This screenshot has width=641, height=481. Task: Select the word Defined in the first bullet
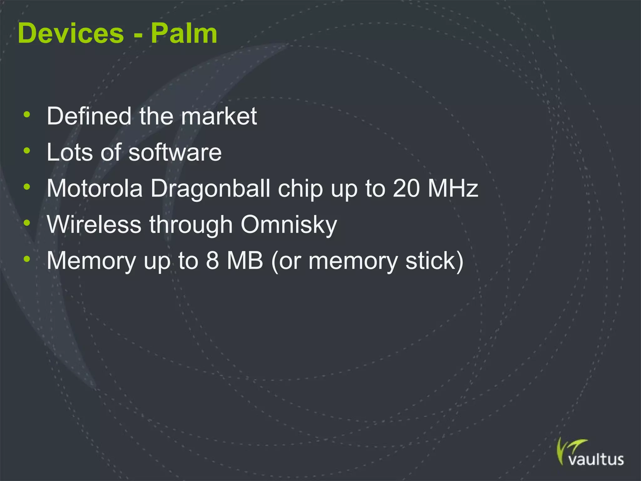tap(89, 116)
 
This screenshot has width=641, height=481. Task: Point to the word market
tap(219, 116)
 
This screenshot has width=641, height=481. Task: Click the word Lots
tap(69, 152)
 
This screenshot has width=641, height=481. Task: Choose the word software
tap(175, 152)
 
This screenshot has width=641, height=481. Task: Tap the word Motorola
tap(95, 189)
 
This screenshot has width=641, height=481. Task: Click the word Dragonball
tap(210, 189)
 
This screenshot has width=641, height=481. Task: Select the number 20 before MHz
tap(406, 189)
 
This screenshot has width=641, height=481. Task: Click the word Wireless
tap(94, 225)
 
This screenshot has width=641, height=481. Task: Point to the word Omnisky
tap(289, 225)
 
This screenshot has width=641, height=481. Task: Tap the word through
tap(191, 225)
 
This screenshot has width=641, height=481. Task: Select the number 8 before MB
tap(212, 261)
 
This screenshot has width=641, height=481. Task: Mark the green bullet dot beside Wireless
tap(27, 223)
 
